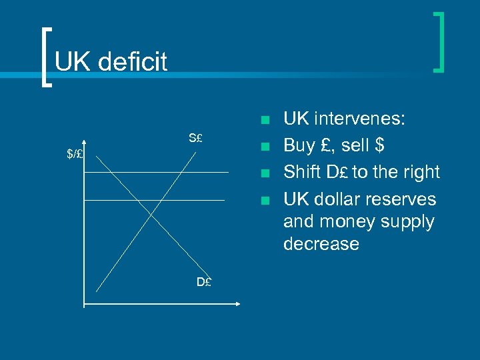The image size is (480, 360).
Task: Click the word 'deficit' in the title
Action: coord(132,62)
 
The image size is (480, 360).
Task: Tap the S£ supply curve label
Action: coord(195,139)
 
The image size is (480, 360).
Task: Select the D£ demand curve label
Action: coord(204,282)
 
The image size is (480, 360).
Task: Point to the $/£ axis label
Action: coord(75,154)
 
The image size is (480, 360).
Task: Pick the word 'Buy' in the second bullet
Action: coord(299,145)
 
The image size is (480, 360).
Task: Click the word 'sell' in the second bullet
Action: coord(354,145)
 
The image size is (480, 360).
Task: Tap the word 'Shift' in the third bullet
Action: coord(303,172)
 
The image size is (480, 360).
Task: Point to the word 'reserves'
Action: coord(405,199)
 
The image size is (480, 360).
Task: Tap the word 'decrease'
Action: coord(321,243)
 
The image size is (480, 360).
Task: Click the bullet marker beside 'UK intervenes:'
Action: coord(265,121)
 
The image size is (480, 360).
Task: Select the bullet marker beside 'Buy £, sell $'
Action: coord(265,147)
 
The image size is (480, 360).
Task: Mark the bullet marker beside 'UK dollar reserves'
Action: coord(265,200)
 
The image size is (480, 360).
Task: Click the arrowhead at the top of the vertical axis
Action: coord(84,141)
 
